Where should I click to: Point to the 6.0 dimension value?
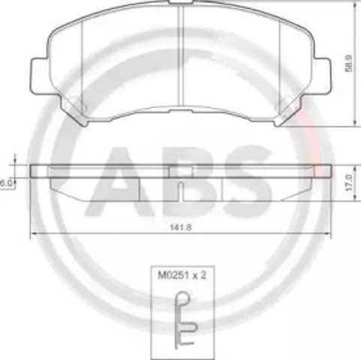6,182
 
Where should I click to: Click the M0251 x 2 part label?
180,276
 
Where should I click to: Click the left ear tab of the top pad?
38,75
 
